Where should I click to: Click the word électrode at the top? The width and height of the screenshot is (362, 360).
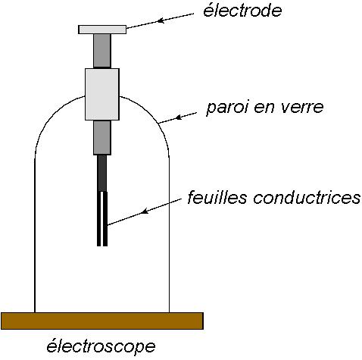pos(242,11)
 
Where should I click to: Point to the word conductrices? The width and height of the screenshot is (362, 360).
pos(307,198)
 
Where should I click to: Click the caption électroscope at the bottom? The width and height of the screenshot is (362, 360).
pos(101,346)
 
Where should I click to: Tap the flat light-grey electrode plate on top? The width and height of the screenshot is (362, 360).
pos(102,30)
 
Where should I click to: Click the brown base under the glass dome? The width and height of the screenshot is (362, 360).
pos(102,321)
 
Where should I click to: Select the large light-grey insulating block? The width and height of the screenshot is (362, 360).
pos(102,94)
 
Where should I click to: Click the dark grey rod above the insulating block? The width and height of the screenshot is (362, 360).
pos(102,51)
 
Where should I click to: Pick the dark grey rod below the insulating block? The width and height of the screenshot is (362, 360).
pos(102,137)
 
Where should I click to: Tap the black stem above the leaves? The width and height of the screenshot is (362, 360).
pos(102,173)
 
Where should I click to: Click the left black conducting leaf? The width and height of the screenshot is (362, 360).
pos(98,218)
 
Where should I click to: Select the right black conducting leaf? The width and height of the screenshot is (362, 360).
pos(105,218)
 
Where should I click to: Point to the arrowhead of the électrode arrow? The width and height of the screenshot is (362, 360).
pos(161,20)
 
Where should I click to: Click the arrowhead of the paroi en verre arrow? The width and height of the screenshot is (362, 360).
pos(179,117)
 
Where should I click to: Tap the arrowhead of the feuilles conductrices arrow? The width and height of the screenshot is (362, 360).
pos(144,211)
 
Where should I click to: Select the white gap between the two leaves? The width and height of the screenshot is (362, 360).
pos(101,219)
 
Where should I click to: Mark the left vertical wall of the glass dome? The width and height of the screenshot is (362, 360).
pos(35,235)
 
